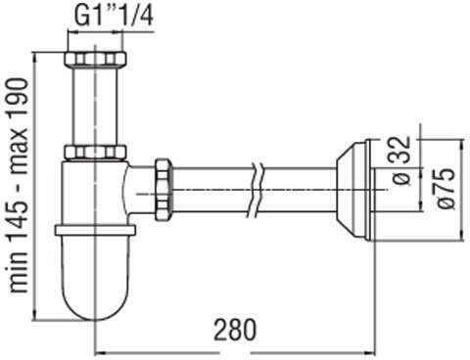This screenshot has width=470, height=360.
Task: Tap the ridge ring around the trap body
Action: coord(94,231)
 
